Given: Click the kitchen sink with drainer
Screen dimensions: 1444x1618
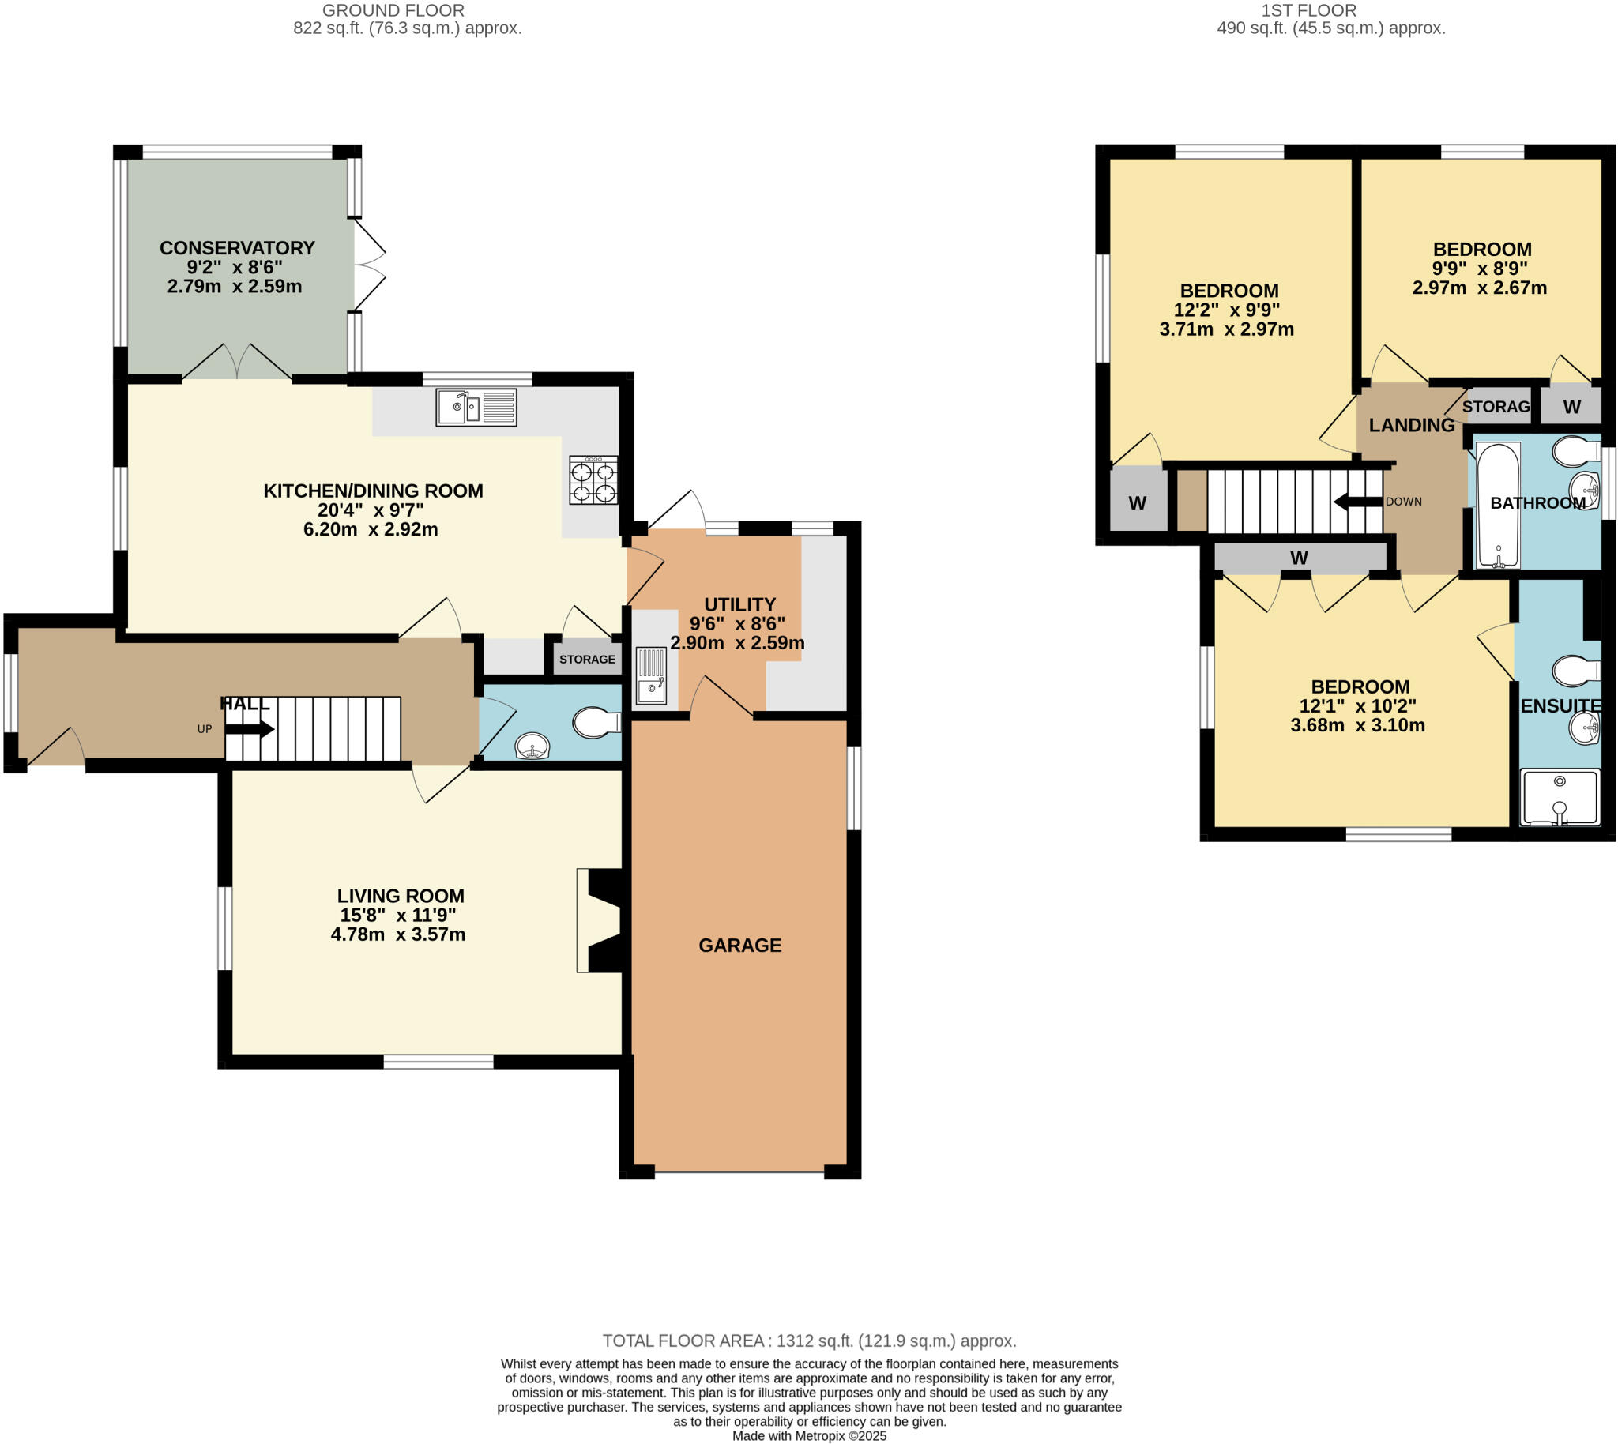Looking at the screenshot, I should tap(476, 407).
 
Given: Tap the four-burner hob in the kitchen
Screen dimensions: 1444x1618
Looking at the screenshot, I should tap(593, 480).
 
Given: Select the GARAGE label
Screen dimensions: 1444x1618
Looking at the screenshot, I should tap(739, 945).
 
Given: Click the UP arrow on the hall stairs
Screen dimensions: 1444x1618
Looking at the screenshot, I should tap(250, 728).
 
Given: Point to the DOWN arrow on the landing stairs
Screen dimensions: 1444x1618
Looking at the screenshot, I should tap(1358, 502).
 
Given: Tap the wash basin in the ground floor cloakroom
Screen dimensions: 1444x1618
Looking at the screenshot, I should tap(532, 746).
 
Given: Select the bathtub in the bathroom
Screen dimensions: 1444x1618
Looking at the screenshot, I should tap(1497, 506).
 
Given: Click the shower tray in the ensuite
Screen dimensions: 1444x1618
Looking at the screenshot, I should tap(1559, 797).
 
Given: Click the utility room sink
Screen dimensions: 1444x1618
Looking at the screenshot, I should tap(651, 675).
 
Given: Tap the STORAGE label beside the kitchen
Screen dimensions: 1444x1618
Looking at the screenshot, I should tap(586, 660).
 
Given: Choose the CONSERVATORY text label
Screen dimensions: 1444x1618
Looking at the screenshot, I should tap(236, 247).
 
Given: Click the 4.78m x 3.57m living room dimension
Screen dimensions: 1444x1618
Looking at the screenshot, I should tap(397, 934).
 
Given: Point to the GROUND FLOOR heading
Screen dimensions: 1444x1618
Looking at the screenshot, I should tap(393, 10).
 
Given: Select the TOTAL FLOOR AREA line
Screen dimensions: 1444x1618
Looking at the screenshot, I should tap(808, 1341).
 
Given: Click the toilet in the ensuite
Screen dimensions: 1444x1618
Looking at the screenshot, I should tap(1575, 671).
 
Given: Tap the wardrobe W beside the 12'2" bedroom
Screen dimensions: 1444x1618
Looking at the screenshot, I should tap(1136, 503).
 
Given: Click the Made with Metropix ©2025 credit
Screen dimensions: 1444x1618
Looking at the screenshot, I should tap(808, 1436).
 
